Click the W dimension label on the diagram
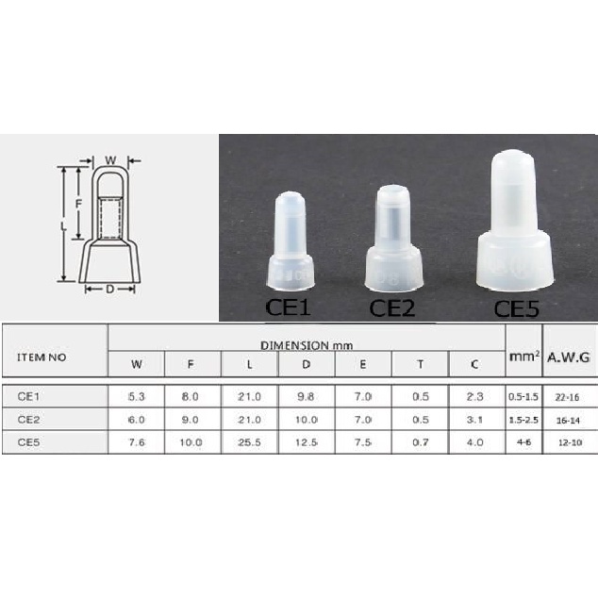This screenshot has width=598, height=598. point(110,160)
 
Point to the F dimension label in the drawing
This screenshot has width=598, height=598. point(78,205)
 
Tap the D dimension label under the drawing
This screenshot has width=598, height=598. point(109,290)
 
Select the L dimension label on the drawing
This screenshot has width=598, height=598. point(63,226)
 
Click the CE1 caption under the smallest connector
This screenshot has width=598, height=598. point(289,307)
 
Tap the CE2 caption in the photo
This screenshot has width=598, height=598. point(391,308)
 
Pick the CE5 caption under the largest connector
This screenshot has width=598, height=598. point(516,309)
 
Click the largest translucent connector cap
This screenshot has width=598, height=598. point(514,223)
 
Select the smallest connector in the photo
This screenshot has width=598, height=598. point(291,241)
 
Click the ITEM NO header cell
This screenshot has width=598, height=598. point(42,357)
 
